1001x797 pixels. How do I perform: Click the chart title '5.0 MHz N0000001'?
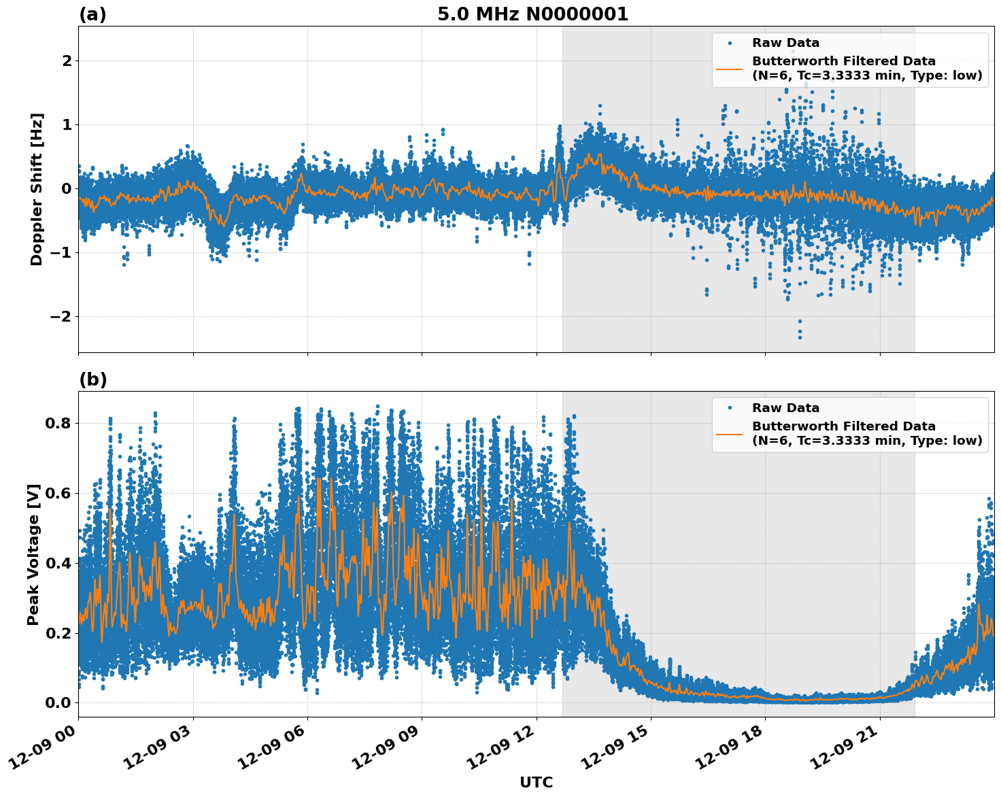click(532, 14)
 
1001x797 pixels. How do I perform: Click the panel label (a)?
click(92, 14)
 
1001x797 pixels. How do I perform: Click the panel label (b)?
click(92, 379)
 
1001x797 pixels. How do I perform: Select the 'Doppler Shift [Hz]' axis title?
click(37, 189)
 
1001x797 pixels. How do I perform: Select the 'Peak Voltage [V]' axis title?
click(33, 554)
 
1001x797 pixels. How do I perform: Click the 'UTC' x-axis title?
click(536, 782)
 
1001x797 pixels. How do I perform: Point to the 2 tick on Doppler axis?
click(67, 61)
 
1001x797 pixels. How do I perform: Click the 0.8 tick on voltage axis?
click(58, 423)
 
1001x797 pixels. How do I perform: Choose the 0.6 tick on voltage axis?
click(58, 493)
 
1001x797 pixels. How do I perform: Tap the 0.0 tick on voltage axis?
click(58, 702)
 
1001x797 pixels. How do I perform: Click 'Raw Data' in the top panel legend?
click(785, 44)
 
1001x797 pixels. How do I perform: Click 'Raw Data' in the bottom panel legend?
click(785, 409)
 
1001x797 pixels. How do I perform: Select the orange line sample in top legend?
click(730, 69)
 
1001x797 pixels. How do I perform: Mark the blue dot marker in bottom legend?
click(730, 409)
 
